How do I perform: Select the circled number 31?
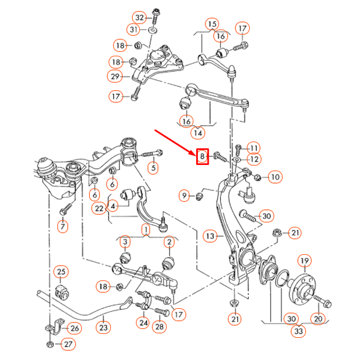pyautogui.click(x=134, y=30)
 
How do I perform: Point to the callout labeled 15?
pyautogui.click(x=212, y=24)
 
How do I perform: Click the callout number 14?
pyautogui.click(x=198, y=134)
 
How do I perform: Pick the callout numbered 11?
pyautogui.click(x=253, y=148)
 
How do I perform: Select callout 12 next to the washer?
pyautogui.click(x=254, y=160)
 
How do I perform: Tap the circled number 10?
pyautogui.click(x=275, y=177)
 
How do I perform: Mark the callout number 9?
pyautogui.click(x=184, y=196)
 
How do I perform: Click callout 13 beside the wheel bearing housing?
pyautogui.click(x=210, y=235)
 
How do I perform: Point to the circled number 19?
pyautogui.click(x=304, y=261)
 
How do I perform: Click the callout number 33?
pyautogui.click(x=298, y=331)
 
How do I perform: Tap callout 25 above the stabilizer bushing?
pyautogui.click(x=61, y=272)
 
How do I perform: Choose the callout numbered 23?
pyautogui.click(x=103, y=328)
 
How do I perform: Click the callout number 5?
pyautogui.click(x=153, y=167)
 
